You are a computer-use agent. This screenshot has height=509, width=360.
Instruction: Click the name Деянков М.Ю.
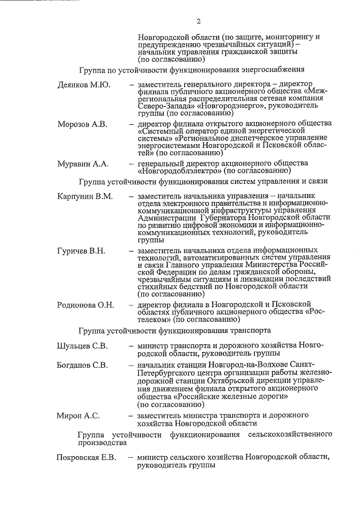click(84, 84)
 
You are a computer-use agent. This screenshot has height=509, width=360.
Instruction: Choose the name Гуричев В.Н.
click(82, 250)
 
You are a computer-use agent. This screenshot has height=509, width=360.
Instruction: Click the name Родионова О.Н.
click(86, 305)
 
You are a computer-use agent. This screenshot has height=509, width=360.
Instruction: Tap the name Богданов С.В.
click(83, 365)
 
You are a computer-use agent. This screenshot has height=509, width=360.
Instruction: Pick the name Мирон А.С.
click(78, 416)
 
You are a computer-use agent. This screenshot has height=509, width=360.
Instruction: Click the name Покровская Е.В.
click(87, 458)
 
